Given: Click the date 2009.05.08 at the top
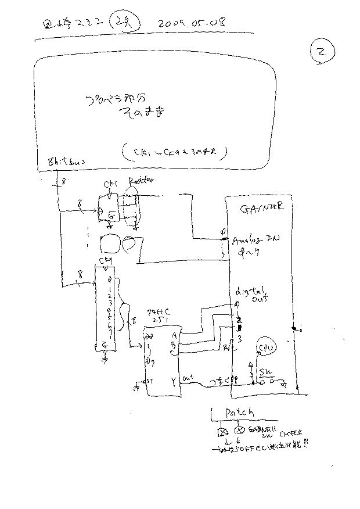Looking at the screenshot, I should [x=192, y=23].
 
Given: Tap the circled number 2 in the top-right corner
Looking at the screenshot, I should [x=321, y=53].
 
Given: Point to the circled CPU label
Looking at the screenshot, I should [x=268, y=347].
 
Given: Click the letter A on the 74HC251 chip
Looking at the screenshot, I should [x=174, y=335].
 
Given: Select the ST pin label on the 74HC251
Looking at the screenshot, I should [x=149, y=382].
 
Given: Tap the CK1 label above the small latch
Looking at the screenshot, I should [x=110, y=184].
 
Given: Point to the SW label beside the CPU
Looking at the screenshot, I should [x=265, y=371].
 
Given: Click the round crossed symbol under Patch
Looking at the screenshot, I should [x=239, y=430].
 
